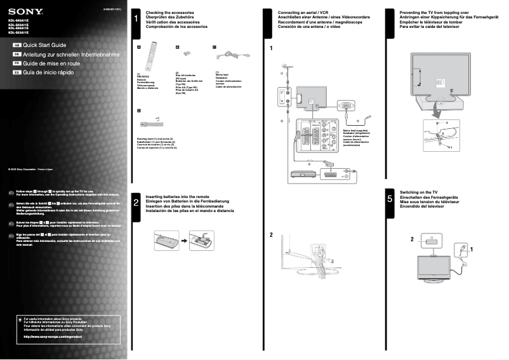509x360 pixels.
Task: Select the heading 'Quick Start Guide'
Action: click(x=44, y=46)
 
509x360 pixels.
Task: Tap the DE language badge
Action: click(x=17, y=55)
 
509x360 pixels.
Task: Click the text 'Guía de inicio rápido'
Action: click(x=48, y=72)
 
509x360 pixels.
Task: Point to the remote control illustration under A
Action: click(x=151, y=55)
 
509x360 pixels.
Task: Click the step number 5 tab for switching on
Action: click(x=390, y=199)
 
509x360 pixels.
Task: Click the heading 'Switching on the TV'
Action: click(x=418, y=192)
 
